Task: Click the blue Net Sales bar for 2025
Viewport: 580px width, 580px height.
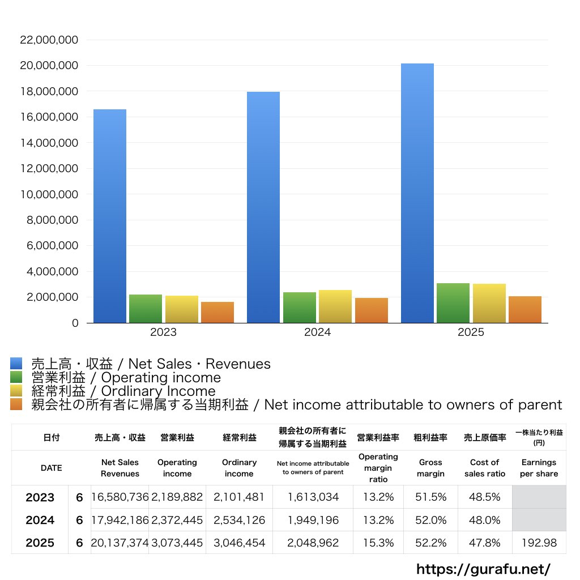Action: point(417,193)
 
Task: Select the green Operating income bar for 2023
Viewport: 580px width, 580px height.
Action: point(146,309)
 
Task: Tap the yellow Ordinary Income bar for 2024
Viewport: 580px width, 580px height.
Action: point(335,306)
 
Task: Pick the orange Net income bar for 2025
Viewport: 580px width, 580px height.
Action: point(525,309)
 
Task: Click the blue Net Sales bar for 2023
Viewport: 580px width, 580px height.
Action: point(110,215)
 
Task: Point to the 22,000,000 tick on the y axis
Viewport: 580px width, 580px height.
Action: point(49,40)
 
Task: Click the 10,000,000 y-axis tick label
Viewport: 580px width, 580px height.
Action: point(49,194)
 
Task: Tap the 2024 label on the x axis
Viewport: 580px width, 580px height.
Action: point(317,332)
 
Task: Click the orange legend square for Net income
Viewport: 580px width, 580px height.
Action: point(16,404)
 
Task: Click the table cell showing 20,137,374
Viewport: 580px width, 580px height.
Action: point(120,543)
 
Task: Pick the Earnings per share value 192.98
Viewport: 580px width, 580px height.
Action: point(539,543)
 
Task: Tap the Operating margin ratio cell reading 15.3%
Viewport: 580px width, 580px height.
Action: point(378,543)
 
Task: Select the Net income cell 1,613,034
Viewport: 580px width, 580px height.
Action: point(313,497)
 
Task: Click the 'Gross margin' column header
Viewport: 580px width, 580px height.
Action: point(430,468)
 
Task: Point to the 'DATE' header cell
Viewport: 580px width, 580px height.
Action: point(51,468)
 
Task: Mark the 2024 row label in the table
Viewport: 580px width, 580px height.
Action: point(40,520)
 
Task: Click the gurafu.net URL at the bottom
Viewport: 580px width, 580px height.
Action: point(483,569)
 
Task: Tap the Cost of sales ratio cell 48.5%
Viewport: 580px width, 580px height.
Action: point(485,497)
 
